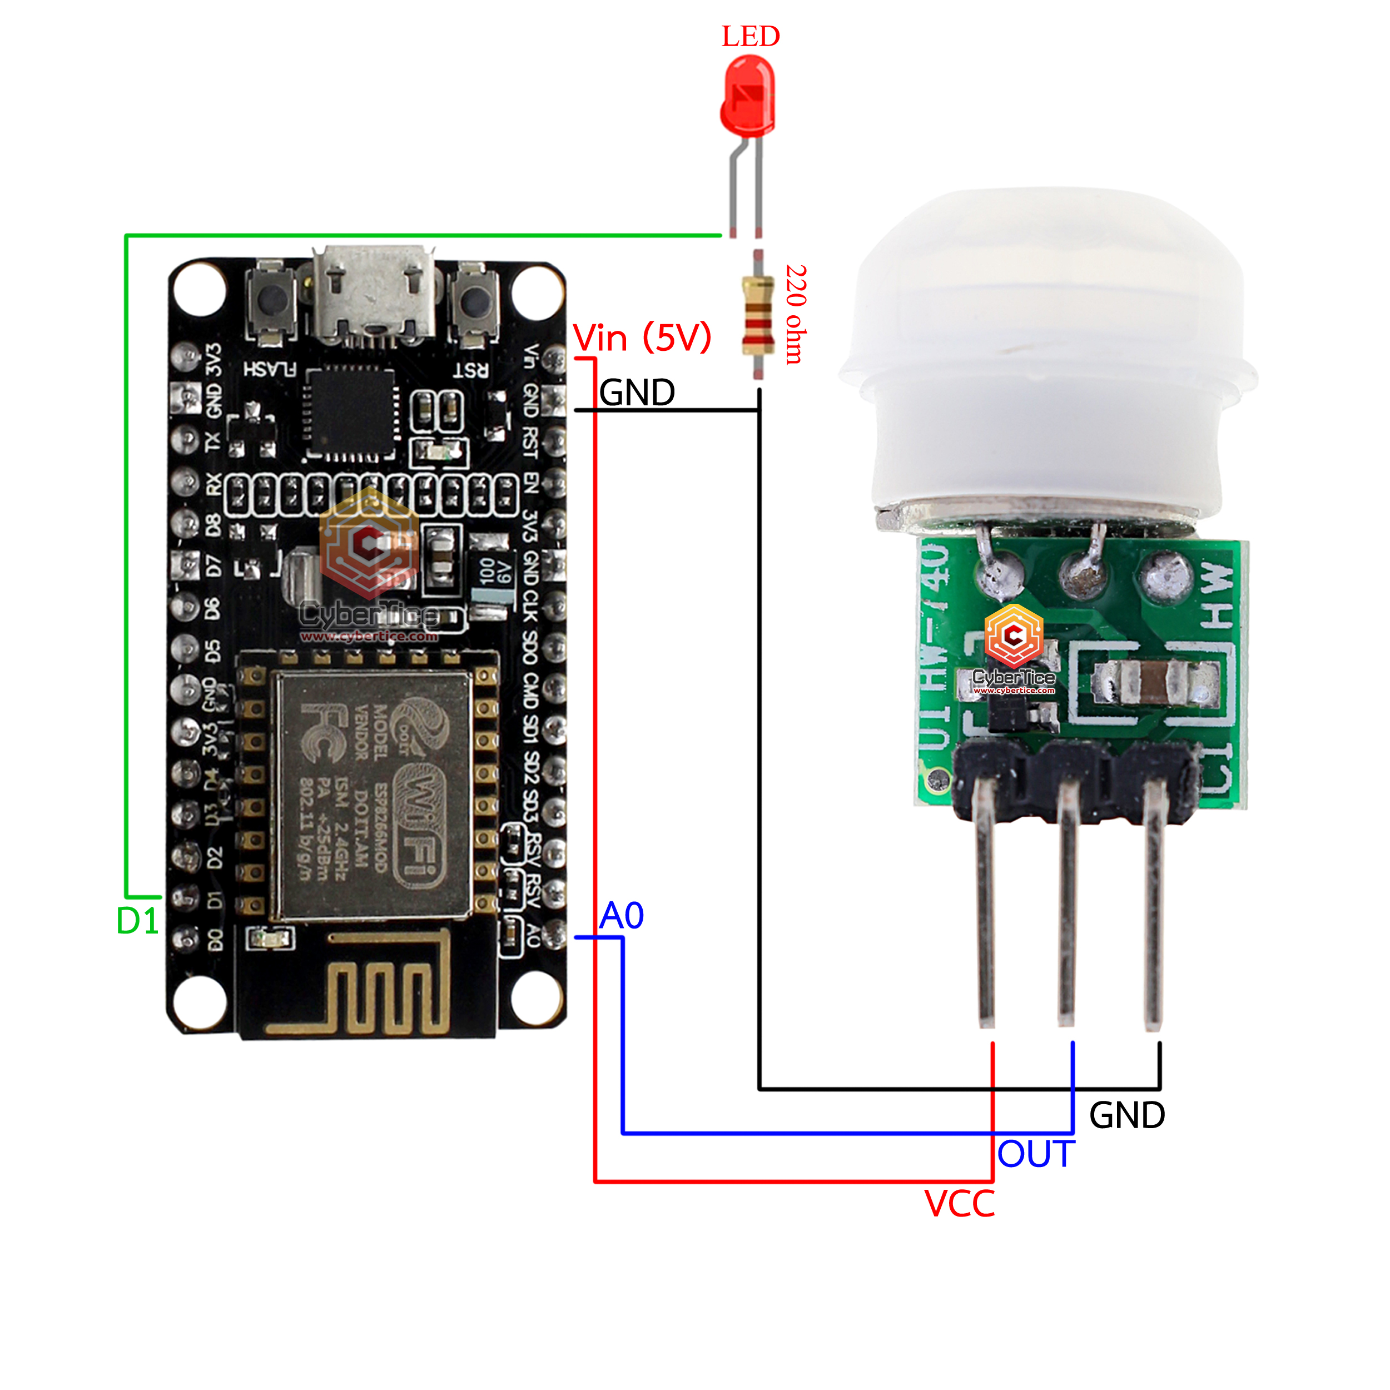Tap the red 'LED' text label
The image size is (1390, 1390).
click(751, 37)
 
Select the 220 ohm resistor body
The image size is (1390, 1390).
click(758, 316)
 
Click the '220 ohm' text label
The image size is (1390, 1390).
click(796, 314)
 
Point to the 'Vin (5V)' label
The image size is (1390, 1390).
click(642, 337)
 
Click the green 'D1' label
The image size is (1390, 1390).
click(137, 921)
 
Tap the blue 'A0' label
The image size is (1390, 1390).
click(622, 916)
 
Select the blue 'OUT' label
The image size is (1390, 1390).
click(1035, 1155)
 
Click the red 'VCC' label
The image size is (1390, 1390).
click(959, 1204)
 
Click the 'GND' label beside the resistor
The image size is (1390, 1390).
click(637, 393)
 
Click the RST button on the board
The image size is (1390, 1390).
click(474, 302)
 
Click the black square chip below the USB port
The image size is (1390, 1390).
click(351, 414)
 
